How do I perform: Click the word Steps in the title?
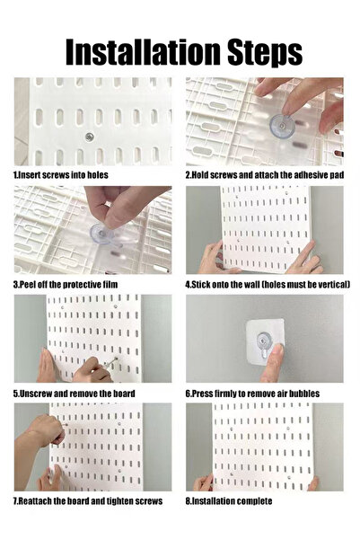coord(265,53)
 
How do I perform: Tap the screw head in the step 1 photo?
coord(90,137)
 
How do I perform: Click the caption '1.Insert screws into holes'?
coord(60,175)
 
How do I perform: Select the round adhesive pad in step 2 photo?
coord(282,127)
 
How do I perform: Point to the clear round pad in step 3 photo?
coord(101,235)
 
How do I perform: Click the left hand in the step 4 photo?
coord(214,258)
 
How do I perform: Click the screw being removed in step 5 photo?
coord(110,363)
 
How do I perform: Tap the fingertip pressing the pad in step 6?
coord(276,351)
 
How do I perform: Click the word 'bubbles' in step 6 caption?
coord(304,394)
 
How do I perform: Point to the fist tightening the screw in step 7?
coord(51,430)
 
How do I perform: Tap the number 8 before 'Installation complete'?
coord(188,501)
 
